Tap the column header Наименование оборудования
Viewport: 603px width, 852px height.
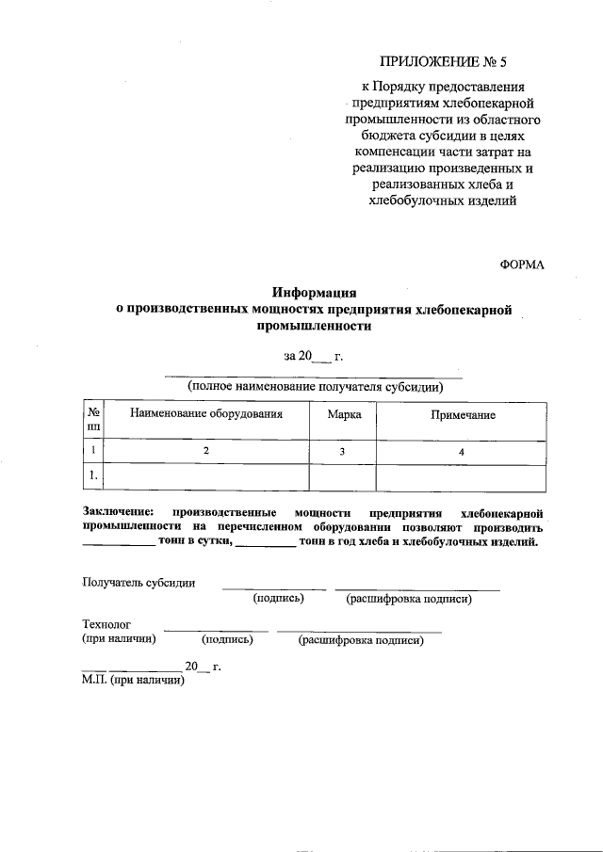click(x=205, y=414)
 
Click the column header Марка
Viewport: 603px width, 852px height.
click(x=343, y=414)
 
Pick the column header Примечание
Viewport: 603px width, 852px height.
click(x=463, y=414)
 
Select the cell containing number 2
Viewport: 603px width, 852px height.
click(x=205, y=452)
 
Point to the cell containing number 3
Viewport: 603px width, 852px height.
click(x=343, y=452)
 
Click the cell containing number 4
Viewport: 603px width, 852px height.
click(x=461, y=452)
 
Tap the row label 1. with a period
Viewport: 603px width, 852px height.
click(x=93, y=477)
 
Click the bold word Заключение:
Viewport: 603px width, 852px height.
click(x=118, y=512)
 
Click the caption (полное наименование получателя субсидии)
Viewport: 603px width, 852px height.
click(x=315, y=386)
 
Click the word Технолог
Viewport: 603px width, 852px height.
click(x=106, y=624)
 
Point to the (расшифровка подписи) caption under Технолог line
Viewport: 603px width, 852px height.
click(x=361, y=640)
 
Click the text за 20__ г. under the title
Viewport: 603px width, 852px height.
click(x=312, y=356)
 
